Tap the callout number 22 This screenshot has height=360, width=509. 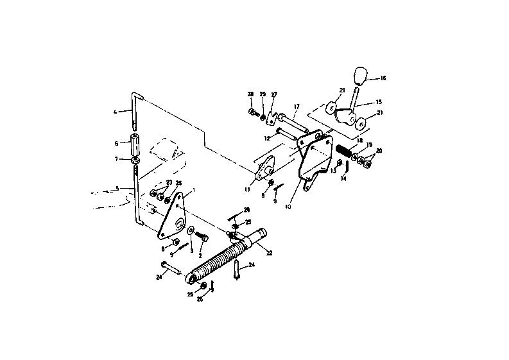tap(270, 253)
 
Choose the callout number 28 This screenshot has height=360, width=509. tap(251, 94)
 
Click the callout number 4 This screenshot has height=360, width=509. tap(116, 112)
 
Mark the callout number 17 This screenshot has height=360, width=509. tap(297, 107)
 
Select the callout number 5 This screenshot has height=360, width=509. tap(117, 188)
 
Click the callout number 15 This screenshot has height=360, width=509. tap(379, 101)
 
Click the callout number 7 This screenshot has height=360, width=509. tap(116, 159)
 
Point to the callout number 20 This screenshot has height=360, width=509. tap(379, 151)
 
